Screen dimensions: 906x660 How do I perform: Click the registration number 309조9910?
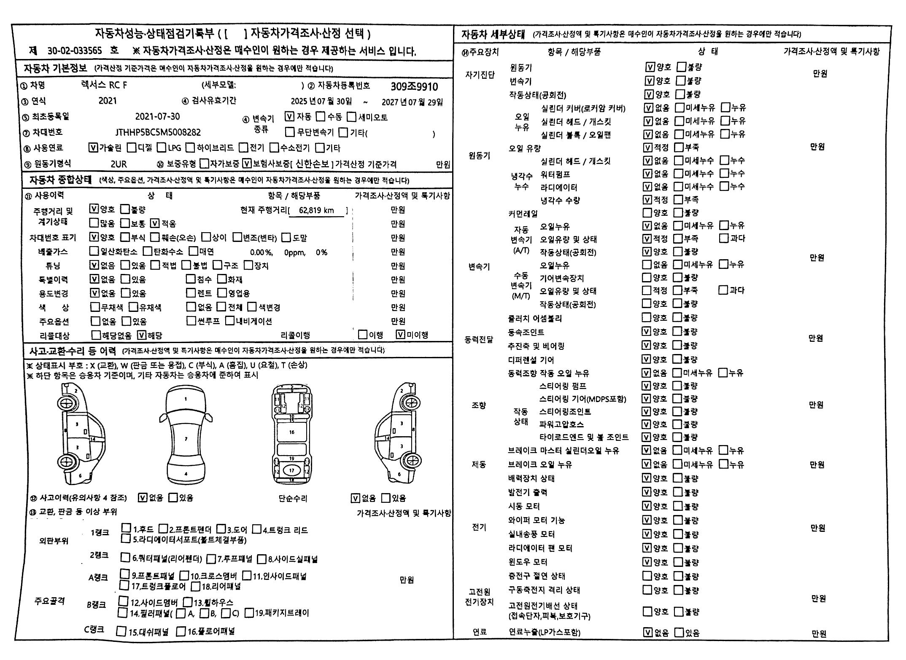tap(414, 86)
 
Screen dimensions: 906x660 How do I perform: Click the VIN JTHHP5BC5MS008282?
tap(158, 132)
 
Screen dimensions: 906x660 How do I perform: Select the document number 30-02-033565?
tap(75, 51)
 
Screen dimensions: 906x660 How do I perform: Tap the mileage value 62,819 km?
tap(316, 210)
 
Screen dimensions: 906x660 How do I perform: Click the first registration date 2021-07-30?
tap(157, 117)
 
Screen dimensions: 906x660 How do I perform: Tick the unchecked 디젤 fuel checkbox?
tap(132, 148)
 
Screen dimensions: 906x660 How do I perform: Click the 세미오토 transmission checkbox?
tap(352, 117)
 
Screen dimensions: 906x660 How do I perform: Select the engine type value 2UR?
tap(119, 164)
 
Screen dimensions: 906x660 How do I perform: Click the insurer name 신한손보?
tap(312, 164)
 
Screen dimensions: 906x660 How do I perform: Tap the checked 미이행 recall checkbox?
tap(401, 335)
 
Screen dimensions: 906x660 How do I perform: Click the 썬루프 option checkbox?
tap(191, 321)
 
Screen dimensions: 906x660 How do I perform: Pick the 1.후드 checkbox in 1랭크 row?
tap(126, 528)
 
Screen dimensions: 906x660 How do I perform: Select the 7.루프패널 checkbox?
tap(211, 559)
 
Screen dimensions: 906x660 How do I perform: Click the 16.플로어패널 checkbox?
tap(181, 631)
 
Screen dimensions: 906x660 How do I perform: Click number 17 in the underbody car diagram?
tap(291, 470)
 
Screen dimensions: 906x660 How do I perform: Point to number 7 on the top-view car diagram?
tap(186, 439)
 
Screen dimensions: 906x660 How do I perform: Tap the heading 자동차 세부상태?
tap(493, 34)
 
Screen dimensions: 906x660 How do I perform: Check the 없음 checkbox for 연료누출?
tap(648, 632)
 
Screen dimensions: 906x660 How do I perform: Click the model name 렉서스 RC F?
tap(104, 85)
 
